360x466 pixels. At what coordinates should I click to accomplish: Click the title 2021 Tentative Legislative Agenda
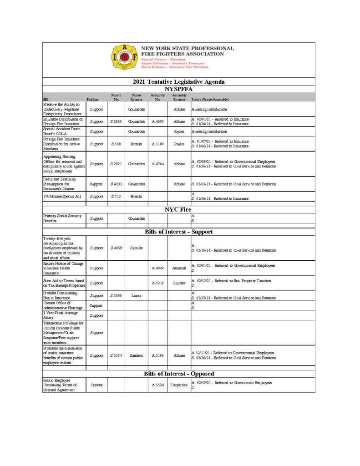point(179,82)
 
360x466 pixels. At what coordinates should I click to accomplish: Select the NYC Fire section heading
point(177,209)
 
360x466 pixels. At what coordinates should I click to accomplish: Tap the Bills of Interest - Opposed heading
point(179,374)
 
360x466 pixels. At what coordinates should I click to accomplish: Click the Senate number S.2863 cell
point(116,122)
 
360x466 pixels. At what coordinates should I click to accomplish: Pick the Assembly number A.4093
point(157,122)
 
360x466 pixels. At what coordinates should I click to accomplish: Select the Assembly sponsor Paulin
point(179,144)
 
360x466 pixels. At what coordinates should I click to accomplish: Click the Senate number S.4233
point(116,184)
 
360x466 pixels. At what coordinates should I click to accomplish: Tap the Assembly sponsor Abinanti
point(179,268)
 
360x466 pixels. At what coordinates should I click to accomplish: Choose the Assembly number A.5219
point(157,283)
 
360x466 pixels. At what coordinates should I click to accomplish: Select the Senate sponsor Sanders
point(136,355)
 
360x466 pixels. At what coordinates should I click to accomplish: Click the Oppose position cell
point(96,385)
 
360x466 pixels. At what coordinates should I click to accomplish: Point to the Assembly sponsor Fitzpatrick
point(179,385)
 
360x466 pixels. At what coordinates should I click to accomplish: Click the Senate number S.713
point(116,196)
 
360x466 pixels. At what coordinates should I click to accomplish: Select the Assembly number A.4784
point(157,163)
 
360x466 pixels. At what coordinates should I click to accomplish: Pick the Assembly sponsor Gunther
point(179,283)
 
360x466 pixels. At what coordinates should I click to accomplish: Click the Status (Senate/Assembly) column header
point(210,99)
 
